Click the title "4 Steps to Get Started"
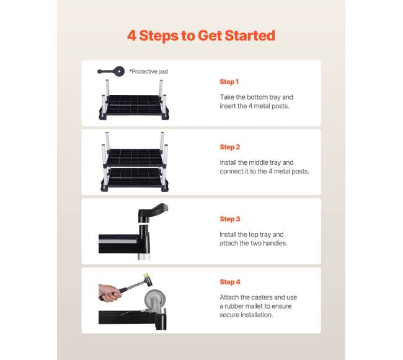(201, 35)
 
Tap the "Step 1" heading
(229, 82)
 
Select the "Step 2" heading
(230, 147)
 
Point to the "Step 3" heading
(230, 219)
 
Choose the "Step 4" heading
(230, 282)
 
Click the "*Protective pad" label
(149, 72)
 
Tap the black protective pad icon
(111, 71)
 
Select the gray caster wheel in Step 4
(154, 300)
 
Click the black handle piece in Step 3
(153, 212)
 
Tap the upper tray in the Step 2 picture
(135, 157)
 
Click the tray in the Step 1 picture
(134, 107)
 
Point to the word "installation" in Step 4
(256, 315)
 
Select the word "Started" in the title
(250, 35)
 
